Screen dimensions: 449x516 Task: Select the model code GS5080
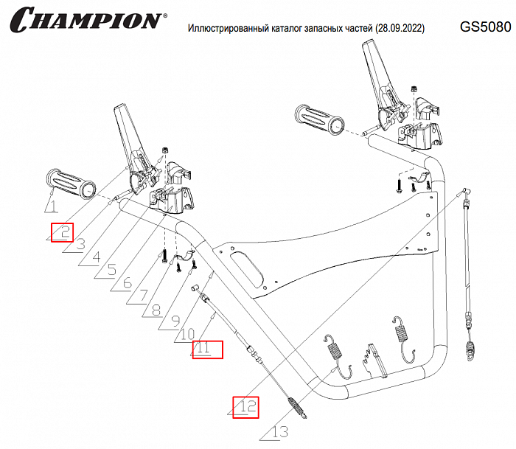coord(484,27)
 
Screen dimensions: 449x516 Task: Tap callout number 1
coord(52,206)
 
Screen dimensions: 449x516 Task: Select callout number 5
coord(111,271)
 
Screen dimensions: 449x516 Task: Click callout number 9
coord(175,321)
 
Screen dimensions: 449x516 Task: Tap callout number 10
coord(187,335)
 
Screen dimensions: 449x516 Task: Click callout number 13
coord(279,432)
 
